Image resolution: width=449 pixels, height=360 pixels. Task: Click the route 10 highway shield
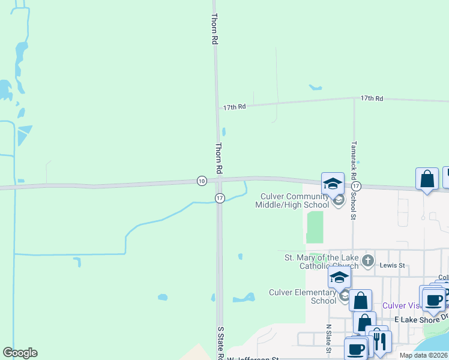(201, 181)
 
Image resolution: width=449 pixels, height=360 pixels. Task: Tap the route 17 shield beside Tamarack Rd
(357, 187)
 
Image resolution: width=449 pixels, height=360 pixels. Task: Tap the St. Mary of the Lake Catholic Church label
(321, 262)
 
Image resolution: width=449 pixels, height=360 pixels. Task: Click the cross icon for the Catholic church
(368, 261)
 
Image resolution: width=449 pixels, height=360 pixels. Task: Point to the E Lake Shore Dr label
(421, 319)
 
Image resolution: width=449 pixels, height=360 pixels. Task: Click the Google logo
(20, 353)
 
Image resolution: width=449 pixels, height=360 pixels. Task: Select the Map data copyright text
(423, 355)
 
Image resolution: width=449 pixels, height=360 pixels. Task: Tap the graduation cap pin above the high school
(333, 183)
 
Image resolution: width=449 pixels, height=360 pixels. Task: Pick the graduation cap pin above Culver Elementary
(339, 278)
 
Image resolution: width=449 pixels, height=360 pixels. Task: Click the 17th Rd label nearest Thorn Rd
(235, 107)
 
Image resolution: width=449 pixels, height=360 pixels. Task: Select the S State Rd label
(220, 342)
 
